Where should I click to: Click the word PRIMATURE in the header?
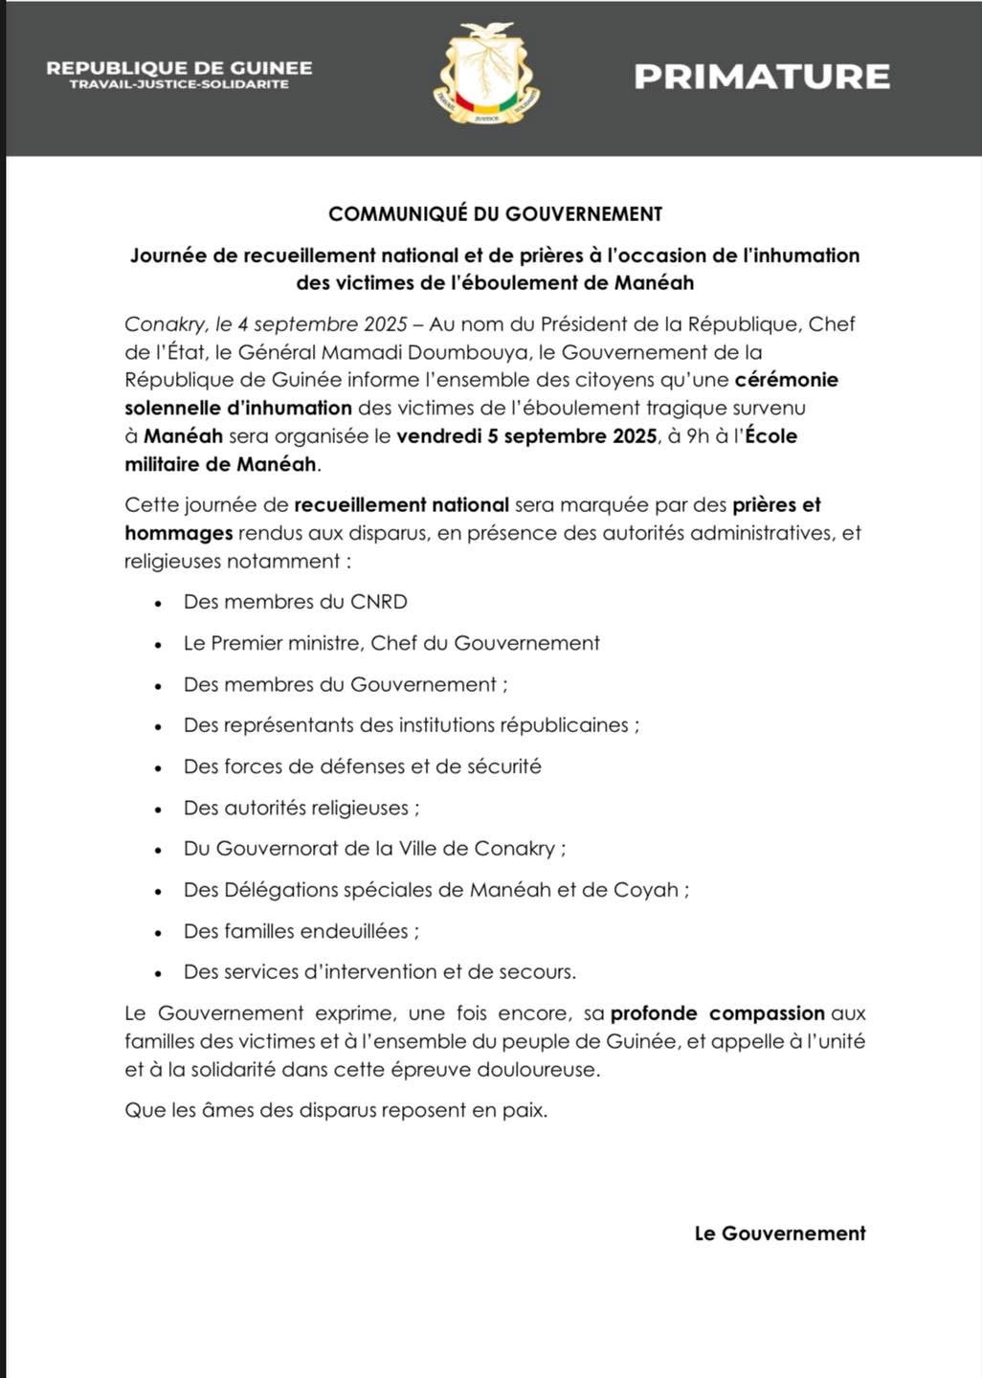click(762, 77)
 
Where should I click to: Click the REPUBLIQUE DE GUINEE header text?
click(179, 68)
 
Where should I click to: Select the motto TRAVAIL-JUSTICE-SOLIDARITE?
click(179, 85)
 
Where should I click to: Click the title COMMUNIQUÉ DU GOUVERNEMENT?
click(495, 214)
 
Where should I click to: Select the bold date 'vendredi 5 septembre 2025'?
click(526, 436)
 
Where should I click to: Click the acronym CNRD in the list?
click(379, 602)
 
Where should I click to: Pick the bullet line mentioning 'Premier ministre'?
click(391, 643)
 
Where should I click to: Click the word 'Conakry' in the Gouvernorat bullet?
click(515, 849)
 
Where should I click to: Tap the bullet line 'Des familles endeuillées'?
click(301, 931)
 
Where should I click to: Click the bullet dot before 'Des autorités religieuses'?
click(160, 809)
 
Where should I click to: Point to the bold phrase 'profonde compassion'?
click(718, 1013)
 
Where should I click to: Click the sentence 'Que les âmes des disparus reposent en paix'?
click(336, 1111)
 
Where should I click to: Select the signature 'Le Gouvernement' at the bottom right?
click(780, 1234)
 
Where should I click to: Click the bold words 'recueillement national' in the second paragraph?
click(401, 504)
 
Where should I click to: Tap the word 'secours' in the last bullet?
click(538, 972)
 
